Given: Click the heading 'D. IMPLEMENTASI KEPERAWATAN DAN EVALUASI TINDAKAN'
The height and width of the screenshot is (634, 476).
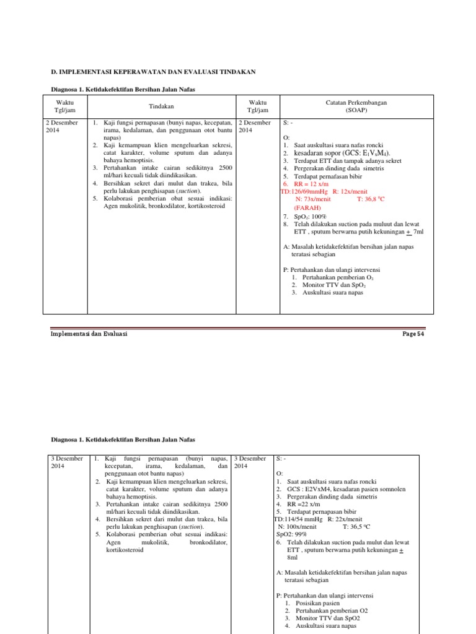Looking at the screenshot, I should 152,72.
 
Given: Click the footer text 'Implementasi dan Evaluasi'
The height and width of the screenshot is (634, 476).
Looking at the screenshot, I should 88,334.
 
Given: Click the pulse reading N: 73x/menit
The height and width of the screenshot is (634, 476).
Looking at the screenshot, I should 314,199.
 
